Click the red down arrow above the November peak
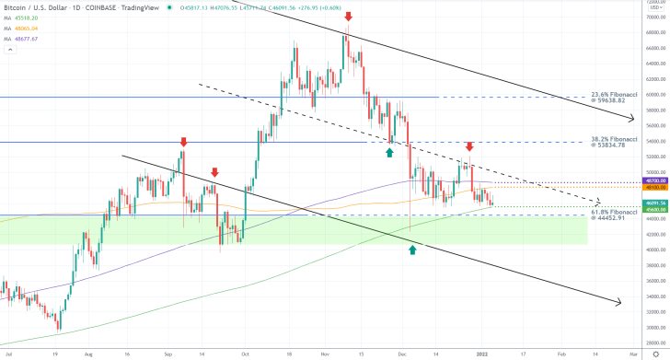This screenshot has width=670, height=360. tap(348, 17)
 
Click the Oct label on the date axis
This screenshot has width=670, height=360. tap(245, 353)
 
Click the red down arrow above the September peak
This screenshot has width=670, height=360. tap(183, 142)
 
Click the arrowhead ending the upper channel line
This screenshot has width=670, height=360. tap(631, 119)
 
